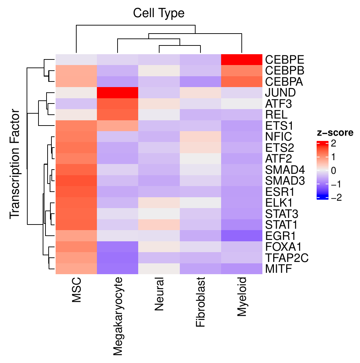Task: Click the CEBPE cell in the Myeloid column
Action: click(x=242, y=59)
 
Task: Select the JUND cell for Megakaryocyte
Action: click(x=118, y=93)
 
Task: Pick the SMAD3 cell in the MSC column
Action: click(x=76, y=181)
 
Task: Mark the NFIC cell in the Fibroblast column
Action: click(x=200, y=137)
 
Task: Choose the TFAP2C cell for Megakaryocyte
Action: click(x=118, y=258)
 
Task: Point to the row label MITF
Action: click(x=279, y=269)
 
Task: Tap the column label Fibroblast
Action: click(x=200, y=303)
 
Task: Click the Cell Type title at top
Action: click(x=158, y=13)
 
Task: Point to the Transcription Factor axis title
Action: click(x=15, y=165)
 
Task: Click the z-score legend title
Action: click(x=335, y=133)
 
